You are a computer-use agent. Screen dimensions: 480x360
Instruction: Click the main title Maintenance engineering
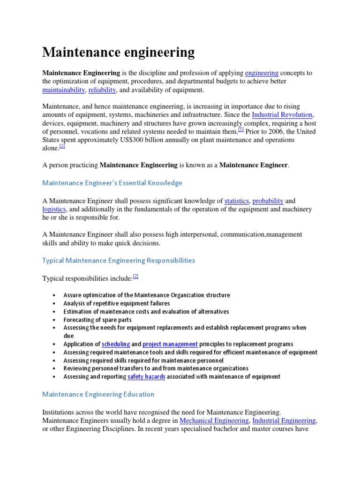pyautogui.click(x=118, y=52)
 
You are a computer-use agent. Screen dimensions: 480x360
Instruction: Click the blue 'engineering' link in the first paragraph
pyautogui.click(x=262, y=73)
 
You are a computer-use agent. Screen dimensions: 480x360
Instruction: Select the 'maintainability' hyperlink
pyautogui.click(x=63, y=90)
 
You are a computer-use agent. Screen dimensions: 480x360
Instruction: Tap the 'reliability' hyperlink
pyautogui.click(x=102, y=90)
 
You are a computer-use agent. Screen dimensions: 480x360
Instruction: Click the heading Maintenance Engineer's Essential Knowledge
pyautogui.click(x=112, y=183)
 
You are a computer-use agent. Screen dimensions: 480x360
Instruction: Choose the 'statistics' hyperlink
pyautogui.click(x=236, y=201)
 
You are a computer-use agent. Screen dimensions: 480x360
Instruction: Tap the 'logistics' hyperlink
pyautogui.click(x=54, y=210)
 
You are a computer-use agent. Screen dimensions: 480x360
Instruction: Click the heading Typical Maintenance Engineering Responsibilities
pyautogui.click(x=119, y=260)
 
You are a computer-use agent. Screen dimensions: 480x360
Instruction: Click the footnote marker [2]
pyautogui.click(x=135, y=277)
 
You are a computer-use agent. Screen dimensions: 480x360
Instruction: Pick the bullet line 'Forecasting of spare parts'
pyautogui.click(x=97, y=320)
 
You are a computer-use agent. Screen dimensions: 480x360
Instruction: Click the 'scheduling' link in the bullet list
pyautogui.click(x=116, y=344)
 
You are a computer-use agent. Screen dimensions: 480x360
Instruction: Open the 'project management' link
pyautogui.click(x=170, y=344)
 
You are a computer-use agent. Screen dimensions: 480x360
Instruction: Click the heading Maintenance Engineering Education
pyautogui.click(x=98, y=394)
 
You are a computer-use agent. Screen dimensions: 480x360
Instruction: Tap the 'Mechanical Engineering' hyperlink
pyautogui.click(x=214, y=421)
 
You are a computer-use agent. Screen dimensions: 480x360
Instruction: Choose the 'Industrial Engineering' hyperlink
pyautogui.click(x=284, y=421)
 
